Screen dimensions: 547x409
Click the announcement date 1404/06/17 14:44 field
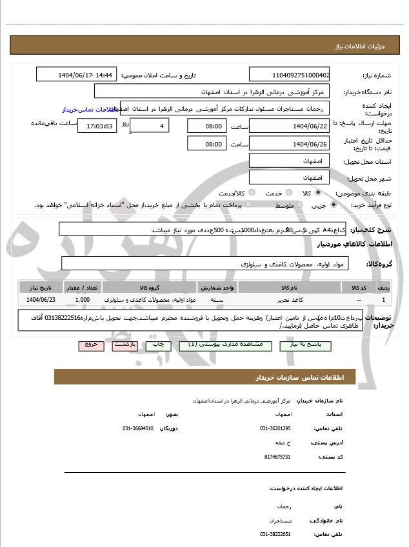[77, 75]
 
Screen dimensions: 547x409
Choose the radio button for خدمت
[288, 193]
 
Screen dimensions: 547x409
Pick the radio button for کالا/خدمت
[252, 193]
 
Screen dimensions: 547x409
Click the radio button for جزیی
[333, 205]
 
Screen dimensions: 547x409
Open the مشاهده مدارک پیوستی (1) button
[221, 345]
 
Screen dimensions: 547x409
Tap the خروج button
[91, 345]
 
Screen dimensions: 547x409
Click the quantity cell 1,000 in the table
[83, 300]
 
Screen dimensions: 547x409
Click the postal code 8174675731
[277, 457]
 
